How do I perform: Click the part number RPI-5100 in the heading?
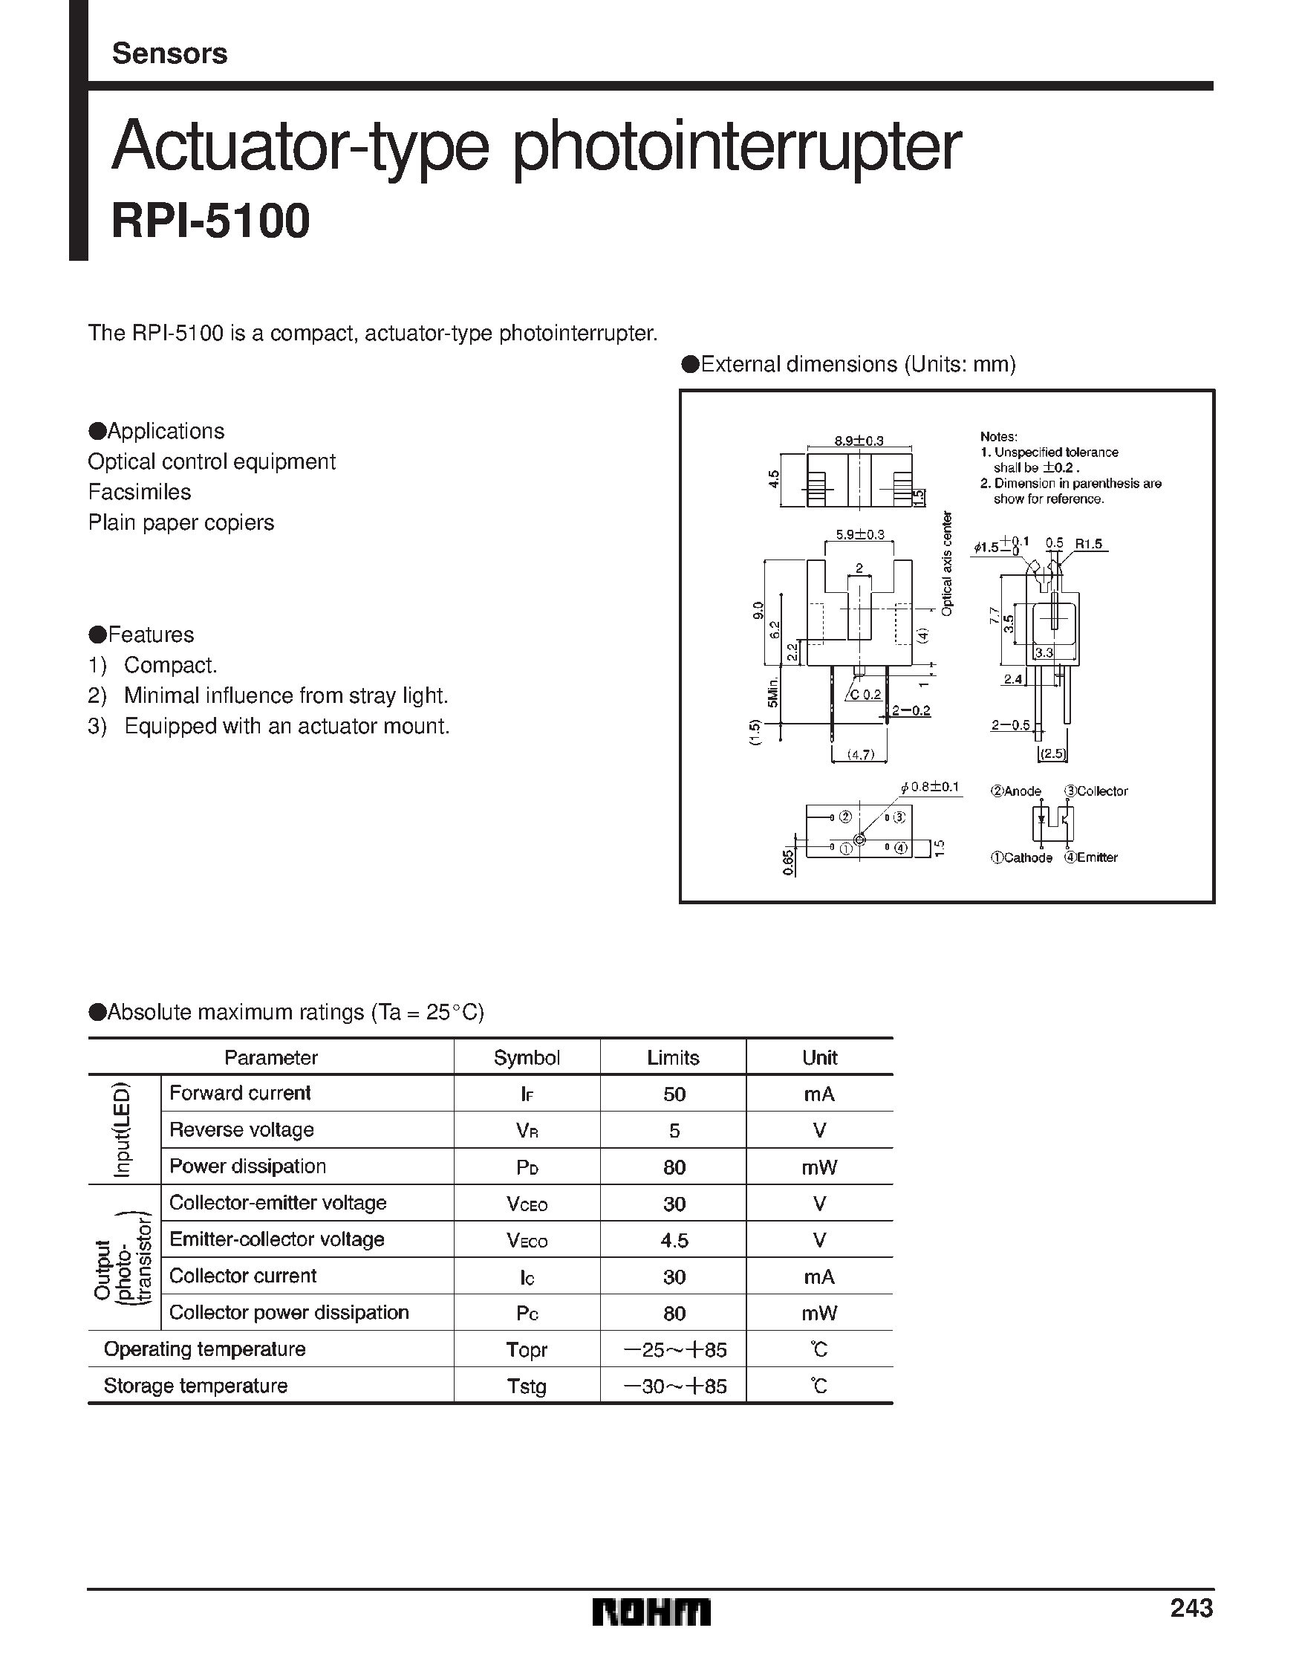coord(211,221)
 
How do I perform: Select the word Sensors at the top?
coord(169,53)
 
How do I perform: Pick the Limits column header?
coord(673,1058)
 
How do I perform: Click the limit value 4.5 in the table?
coord(674,1240)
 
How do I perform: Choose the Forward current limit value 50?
coord(674,1094)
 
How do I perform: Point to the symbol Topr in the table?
coord(527,1350)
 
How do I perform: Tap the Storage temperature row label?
coord(195,1386)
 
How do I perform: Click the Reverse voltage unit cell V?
coord(819,1131)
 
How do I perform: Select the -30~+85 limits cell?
coord(674,1386)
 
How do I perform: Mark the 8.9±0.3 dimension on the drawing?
coord(859,441)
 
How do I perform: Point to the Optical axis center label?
coord(948,563)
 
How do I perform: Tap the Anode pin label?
coord(1017,791)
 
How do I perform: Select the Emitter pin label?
coord(1091,857)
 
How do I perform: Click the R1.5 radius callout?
coord(1088,543)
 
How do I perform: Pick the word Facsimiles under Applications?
coord(140,492)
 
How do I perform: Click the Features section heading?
coord(143,635)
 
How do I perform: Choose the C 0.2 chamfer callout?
coord(865,695)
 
